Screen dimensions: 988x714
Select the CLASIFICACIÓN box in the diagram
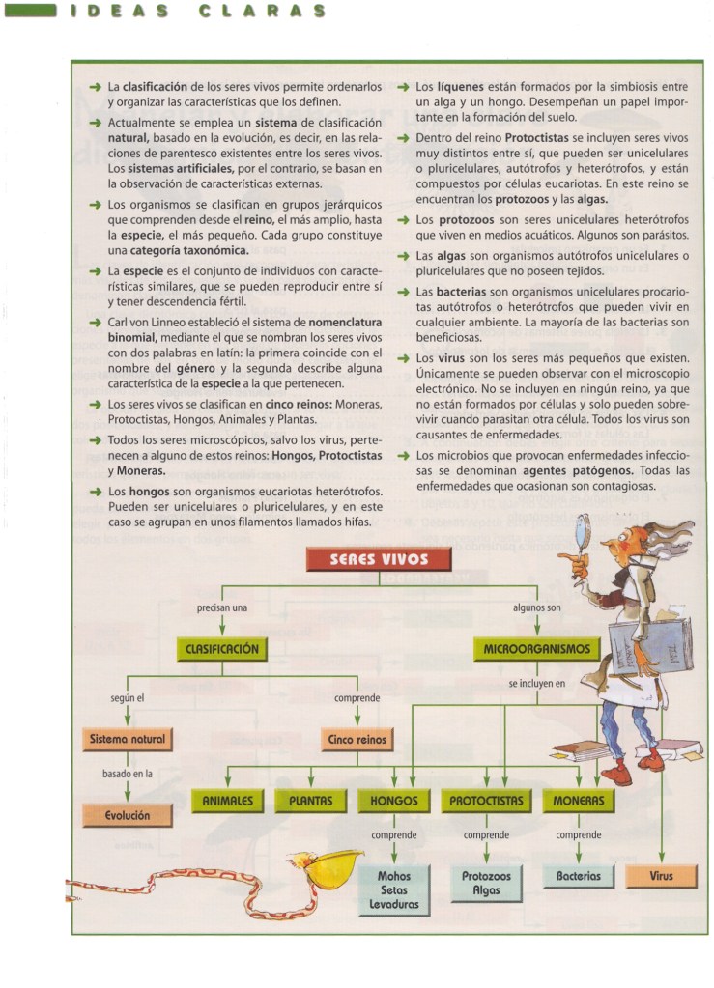(222, 649)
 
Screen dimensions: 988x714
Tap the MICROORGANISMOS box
(536, 650)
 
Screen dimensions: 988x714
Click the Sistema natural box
(128, 740)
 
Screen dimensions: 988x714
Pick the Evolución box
(128, 815)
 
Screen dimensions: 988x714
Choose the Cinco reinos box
(357, 740)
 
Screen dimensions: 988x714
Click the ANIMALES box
(227, 801)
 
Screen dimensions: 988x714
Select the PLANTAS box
(310, 801)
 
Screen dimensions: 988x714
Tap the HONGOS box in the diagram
(394, 801)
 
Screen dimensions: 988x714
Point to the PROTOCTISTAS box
(486, 801)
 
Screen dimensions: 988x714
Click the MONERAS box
(579, 801)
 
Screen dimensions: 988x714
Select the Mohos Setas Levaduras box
(394, 890)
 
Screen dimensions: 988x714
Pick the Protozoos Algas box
(486, 883)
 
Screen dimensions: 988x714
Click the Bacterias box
(579, 876)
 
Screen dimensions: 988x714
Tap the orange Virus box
(662, 876)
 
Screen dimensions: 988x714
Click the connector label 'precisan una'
(222, 607)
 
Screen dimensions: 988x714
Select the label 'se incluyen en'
(536, 683)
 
